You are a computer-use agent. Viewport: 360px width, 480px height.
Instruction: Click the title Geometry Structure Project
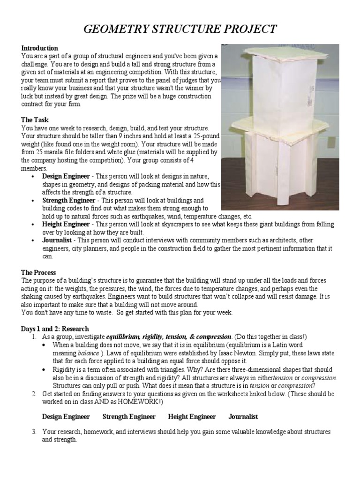click(x=180, y=30)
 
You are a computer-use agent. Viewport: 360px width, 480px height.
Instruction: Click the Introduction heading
click(x=39, y=48)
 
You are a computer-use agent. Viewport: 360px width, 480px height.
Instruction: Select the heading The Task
click(x=35, y=120)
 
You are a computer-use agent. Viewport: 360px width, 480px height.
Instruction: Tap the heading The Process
click(x=39, y=272)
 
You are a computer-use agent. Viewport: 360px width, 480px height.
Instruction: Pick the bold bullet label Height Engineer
click(x=65, y=225)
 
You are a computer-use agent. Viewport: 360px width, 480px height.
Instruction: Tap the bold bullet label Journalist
click(x=58, y=240)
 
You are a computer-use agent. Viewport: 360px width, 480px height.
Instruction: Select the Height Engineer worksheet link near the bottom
click(x=192, y=416)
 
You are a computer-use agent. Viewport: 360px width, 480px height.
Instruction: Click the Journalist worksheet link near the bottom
click(x=243, y=416)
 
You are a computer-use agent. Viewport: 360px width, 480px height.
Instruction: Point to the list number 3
click(x=34, y=431)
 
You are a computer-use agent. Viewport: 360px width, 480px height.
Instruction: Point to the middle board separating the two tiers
click(x=277, y=127)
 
